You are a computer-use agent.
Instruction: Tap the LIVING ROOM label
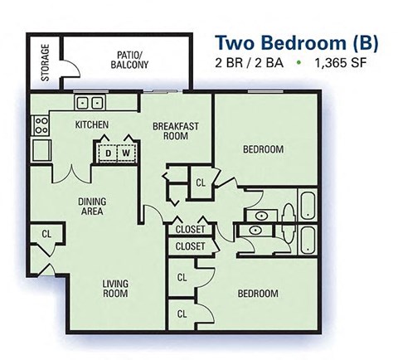(x=115, y=288)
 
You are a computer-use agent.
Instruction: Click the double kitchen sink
(x=89, y=103)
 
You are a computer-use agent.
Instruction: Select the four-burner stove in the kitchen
(x=40, y=125)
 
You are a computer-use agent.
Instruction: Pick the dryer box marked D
(x=107, y=153)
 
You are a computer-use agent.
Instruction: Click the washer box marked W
(x=125, y=153)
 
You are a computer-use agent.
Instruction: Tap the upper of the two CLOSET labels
(x=191, y=231)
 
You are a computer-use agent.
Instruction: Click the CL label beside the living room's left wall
(x=46, y=235)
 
